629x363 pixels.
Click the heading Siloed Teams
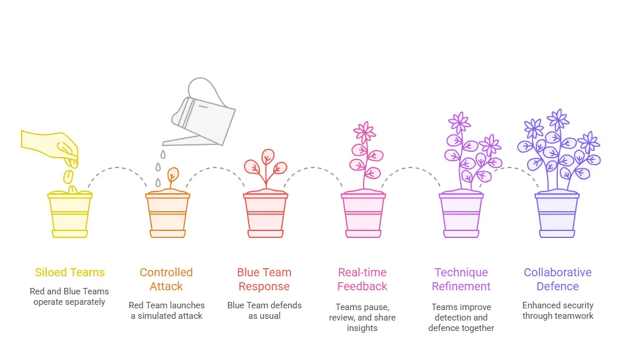coord(70,272)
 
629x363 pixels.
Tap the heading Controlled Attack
coord(166,279)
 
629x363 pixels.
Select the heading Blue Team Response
coord(264,279)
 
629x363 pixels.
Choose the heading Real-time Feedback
coord(362,279)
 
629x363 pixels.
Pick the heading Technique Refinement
coord(461,279)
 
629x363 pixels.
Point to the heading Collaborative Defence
coord(557,279)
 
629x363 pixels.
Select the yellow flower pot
coord(70,214)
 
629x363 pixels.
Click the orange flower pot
coord(167,214)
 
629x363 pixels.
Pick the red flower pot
coord(265,214)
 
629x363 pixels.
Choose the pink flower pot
coord(363,214)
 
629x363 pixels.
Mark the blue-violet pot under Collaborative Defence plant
coord(557,214)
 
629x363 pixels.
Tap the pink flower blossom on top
coord(365,133)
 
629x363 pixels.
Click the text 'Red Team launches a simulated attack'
coord(167,310)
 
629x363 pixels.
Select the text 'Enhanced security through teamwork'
coord(557,310)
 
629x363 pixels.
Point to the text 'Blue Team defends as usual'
coord(264,310)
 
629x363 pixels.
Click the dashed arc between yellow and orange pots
coord(118,170)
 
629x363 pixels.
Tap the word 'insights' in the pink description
coord(362,328)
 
